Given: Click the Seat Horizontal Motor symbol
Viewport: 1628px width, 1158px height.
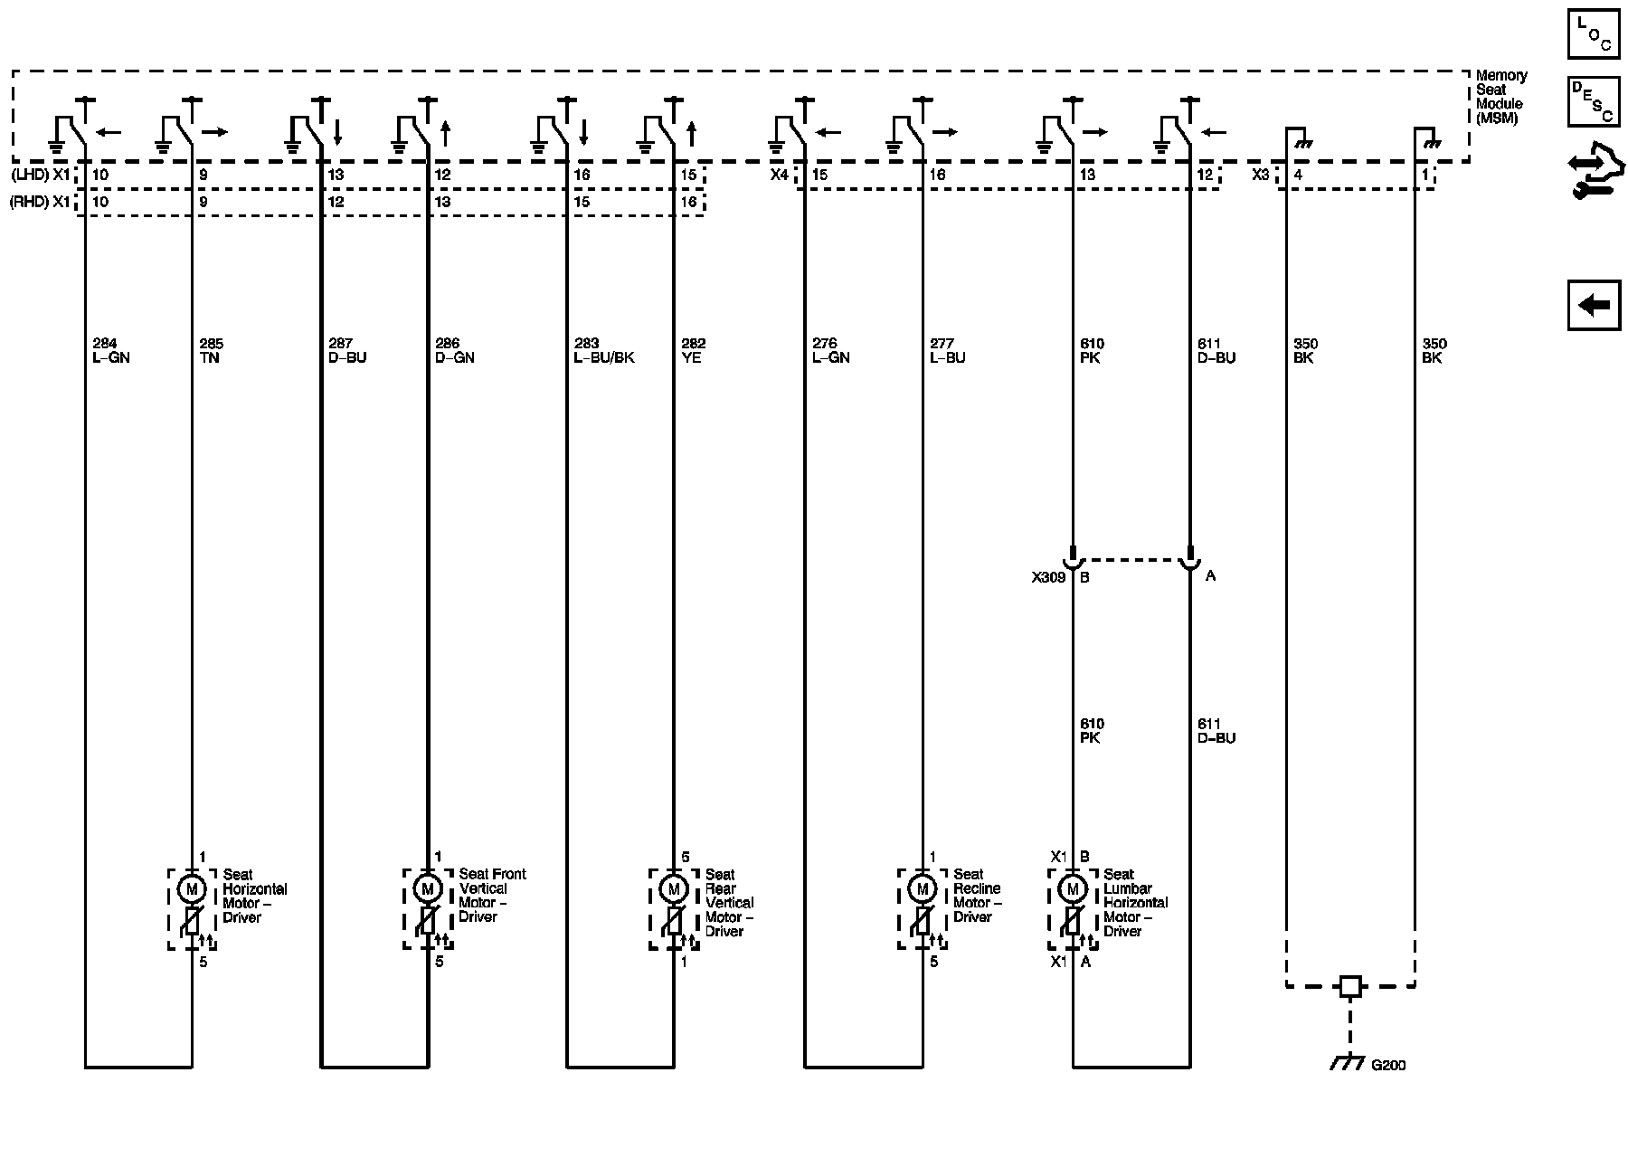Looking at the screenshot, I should tap(191, 889).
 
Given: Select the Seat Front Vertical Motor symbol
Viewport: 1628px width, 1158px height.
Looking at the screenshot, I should tap(427, 888).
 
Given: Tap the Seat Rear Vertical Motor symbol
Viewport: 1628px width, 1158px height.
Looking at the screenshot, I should tap(673, 889).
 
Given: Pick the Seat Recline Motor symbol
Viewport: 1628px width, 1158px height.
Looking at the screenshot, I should tap(922, 888).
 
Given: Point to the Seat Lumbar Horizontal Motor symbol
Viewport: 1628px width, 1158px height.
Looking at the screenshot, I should tap(1073, 889).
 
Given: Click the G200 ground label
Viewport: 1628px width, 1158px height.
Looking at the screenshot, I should tap(1388, 1065).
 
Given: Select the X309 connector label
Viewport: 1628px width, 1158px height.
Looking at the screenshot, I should tap(1047, 576).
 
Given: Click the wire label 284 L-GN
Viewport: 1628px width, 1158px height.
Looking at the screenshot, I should tap(111, 351).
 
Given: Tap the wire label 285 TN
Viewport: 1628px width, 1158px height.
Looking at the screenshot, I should tap(211, 351).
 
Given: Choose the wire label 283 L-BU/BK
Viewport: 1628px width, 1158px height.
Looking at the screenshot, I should tap(604, 351).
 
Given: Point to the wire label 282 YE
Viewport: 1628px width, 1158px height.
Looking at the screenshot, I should tap(693, 351).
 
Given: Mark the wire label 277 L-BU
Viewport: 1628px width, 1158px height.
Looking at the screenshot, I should tap(947, 351).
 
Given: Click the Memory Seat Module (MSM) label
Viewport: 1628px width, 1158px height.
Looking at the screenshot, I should tap(1500, 97).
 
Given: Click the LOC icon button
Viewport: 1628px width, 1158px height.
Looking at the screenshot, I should tap(1594, 34).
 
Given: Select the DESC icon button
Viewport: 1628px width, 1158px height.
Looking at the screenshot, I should tap(1594, 101).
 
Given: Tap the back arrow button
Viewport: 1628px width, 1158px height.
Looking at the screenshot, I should tap(1594, 305).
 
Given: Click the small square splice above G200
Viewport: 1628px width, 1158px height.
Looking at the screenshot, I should tap(1350, 986).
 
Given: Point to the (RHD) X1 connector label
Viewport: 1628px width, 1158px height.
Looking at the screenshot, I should tap(40, 202).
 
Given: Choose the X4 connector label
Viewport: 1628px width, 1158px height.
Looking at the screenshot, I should tap(780, 175).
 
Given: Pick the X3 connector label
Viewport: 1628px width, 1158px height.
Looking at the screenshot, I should tap(1261, 175).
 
